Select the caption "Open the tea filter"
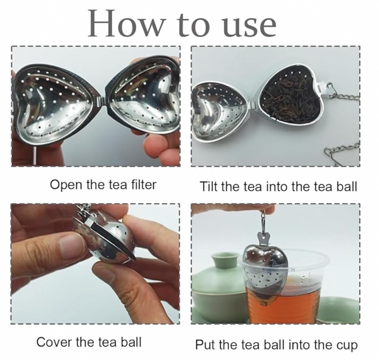103,185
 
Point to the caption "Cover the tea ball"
89,342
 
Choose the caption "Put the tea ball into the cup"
276,345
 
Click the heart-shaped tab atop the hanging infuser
263,236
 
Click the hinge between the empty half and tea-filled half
253,105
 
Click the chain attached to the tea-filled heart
343,95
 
